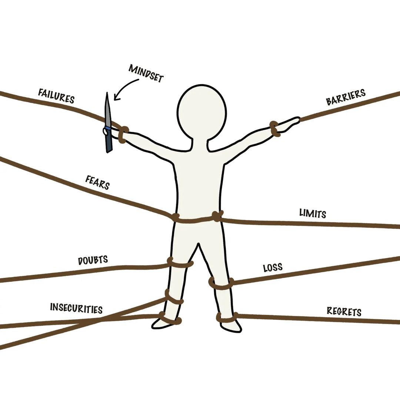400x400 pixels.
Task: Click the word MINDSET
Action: [146, 73]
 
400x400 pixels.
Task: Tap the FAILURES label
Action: [56, 96]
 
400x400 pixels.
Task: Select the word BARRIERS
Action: [346, 97]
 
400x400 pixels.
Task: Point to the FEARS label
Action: [97, 182]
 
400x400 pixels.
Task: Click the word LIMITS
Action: [313, 214]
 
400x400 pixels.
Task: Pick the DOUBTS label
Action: [93, 260]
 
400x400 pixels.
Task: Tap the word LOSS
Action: [273, 267]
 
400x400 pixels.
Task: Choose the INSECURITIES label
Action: [76, 308]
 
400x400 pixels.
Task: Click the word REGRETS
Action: [344, 311]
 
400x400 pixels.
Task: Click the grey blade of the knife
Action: [107, 109]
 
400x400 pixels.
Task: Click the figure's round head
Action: [201, 111]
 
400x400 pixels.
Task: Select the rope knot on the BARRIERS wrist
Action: [275, 128]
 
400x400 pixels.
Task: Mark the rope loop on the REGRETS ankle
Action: [227, 317]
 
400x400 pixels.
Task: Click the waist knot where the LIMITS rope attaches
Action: [217, 216]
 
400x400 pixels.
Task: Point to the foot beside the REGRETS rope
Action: [231, 326]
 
